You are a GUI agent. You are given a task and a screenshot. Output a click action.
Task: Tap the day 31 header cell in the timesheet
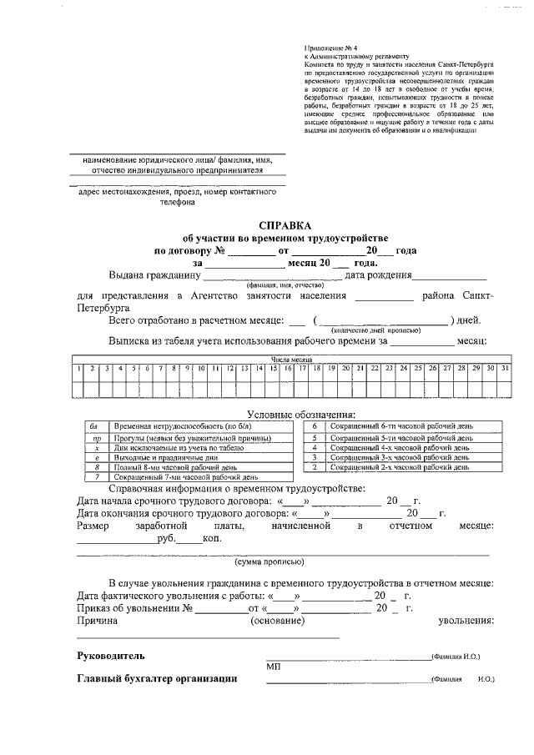pos(505,368)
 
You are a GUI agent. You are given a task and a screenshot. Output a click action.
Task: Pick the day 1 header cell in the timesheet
pos(78,368)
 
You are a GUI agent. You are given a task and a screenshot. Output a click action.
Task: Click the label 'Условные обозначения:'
pos(301,415)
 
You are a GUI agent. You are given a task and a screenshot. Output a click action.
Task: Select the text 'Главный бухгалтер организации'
pos(157,679)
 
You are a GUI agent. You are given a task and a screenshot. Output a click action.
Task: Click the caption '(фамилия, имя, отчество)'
pos(264,285)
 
